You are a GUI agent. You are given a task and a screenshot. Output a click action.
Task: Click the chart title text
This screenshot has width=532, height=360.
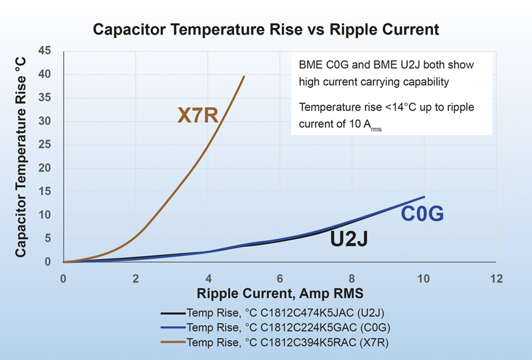tap(266, 29)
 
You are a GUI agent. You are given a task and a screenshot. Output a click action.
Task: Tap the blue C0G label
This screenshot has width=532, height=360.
tap(422, 214)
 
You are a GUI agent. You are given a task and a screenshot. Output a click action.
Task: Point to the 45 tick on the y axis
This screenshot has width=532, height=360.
tap(46, 51)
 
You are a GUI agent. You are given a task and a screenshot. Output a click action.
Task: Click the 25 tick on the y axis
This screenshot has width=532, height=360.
tap(46, 144)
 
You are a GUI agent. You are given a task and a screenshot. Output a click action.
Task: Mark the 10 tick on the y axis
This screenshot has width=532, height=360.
tap(46, 215)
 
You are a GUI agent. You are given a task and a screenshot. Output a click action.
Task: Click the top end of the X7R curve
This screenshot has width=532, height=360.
tap(244, 77)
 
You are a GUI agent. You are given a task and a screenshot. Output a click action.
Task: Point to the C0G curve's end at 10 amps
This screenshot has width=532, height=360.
tap(424, 197)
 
